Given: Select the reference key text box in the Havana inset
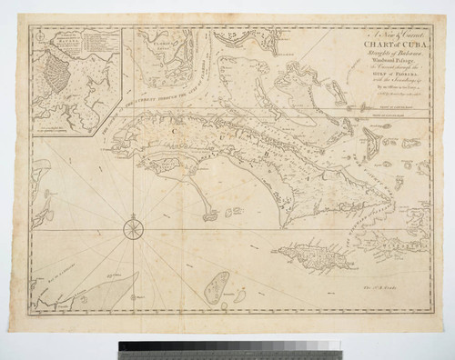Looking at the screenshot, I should coord(87,41).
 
